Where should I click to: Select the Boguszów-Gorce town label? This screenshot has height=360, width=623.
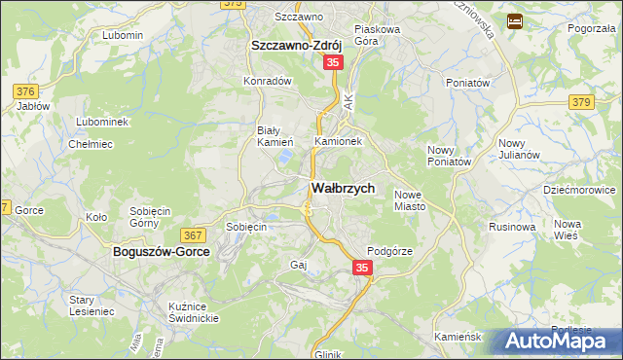click(155, 250)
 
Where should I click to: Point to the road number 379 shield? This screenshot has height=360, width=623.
click(582, 102)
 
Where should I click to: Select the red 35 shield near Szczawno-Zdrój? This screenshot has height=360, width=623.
click(333, 62)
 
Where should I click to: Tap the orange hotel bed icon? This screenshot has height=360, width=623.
click(515, 20)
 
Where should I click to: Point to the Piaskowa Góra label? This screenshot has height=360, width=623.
click(378, 35)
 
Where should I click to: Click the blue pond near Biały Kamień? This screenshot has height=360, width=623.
click(284, 155)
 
